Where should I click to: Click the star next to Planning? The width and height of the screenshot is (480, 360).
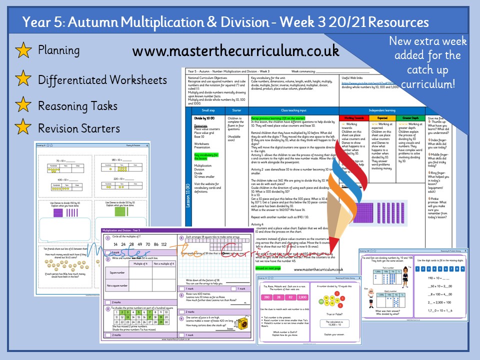click(x=22, y=50)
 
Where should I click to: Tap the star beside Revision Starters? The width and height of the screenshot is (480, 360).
click(x=22, y=128)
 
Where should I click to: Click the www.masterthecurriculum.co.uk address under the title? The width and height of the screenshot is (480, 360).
click(x=236, y=51)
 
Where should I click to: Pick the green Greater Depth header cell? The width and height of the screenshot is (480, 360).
click(x=410, y=118)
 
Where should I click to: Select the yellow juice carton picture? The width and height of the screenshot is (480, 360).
click(x=244, y=322)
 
